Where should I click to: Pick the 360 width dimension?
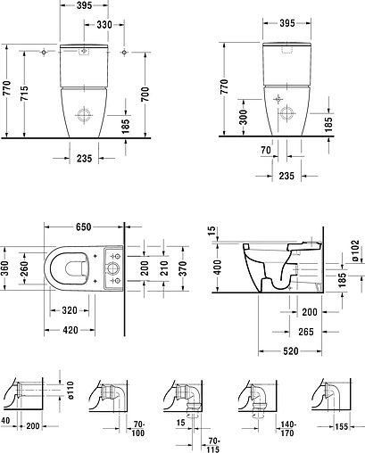pyautogui.click(x=7, y=266)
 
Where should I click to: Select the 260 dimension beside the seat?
pyautogui.click(x=25, y=266)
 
